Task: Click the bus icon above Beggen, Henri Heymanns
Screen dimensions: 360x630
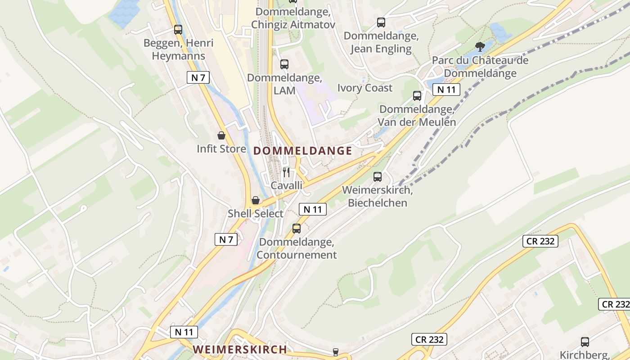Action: point(178,30)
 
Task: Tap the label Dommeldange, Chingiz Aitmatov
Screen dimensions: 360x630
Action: point(293,18)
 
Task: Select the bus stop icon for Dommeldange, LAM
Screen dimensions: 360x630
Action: point(284,64)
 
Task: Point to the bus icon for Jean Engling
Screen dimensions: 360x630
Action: point(381,22)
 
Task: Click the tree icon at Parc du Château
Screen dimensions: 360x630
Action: point(480,46)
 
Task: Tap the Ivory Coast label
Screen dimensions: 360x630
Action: point(365,88)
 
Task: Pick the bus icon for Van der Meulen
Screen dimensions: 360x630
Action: point(417,95)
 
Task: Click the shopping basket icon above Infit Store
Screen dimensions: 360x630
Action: point(221,135)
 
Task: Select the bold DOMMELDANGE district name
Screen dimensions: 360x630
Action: point(302,151)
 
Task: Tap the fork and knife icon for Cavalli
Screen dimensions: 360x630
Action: point(286,172)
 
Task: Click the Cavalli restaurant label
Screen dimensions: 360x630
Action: point(286,185)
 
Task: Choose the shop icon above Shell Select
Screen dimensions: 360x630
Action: point(255,200)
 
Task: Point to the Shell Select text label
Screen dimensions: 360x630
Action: point(255,214)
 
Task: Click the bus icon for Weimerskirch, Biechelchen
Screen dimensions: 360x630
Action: point(377,177)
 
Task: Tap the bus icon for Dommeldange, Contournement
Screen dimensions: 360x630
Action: point(297,228)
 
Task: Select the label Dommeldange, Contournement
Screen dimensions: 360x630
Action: point(297,248)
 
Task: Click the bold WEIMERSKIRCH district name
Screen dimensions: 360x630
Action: point(240,349)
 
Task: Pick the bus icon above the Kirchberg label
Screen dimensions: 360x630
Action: point(585,342)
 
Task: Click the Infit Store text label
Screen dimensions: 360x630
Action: point(221,149)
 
